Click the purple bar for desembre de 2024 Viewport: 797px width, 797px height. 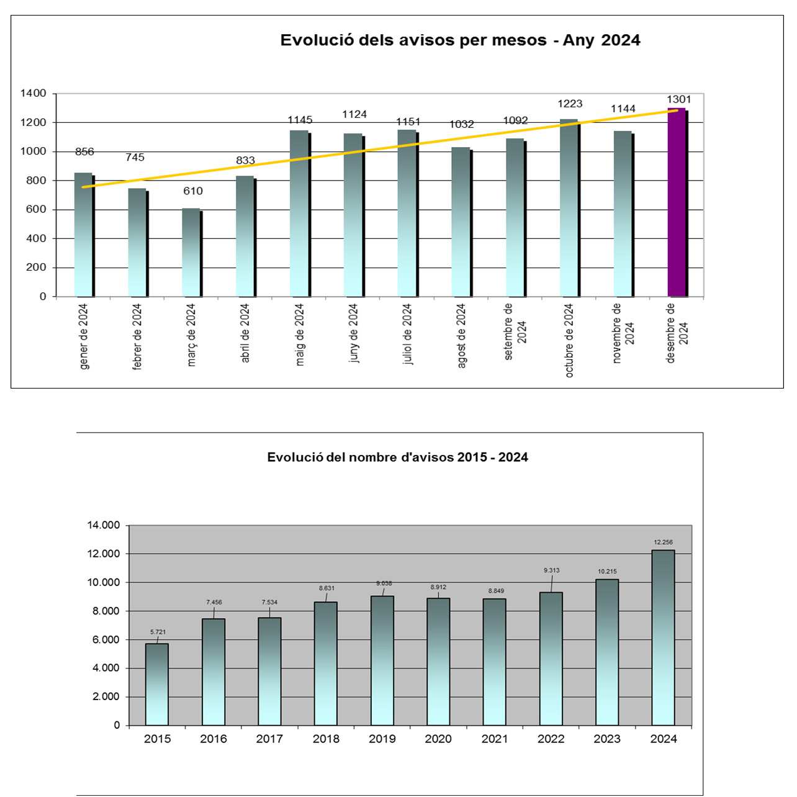[677, 202]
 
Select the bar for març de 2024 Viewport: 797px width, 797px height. [191, 253]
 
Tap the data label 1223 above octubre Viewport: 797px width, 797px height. [570, 104]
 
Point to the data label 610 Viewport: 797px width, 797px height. [192, 191]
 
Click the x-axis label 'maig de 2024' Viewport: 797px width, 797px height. [300, 335]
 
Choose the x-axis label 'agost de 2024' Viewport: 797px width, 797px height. [461, 336]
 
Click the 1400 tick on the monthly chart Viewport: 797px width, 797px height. [34, 93]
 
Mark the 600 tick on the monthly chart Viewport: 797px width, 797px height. [37, 209]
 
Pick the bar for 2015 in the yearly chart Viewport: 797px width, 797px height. [156, 684]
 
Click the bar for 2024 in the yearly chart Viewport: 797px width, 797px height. [663, 637]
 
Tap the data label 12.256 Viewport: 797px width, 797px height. [663, 543]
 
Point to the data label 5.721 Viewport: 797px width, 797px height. [158, 632]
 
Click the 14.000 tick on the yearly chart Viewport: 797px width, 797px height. [104, 525]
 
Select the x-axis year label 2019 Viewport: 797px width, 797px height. [382, 739]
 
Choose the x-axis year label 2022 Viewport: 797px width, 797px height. [551, 739]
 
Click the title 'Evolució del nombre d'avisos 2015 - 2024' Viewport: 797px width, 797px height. [397, 457]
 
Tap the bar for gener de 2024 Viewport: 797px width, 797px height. [83, 235]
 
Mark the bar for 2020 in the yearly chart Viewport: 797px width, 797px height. [438, 662]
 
